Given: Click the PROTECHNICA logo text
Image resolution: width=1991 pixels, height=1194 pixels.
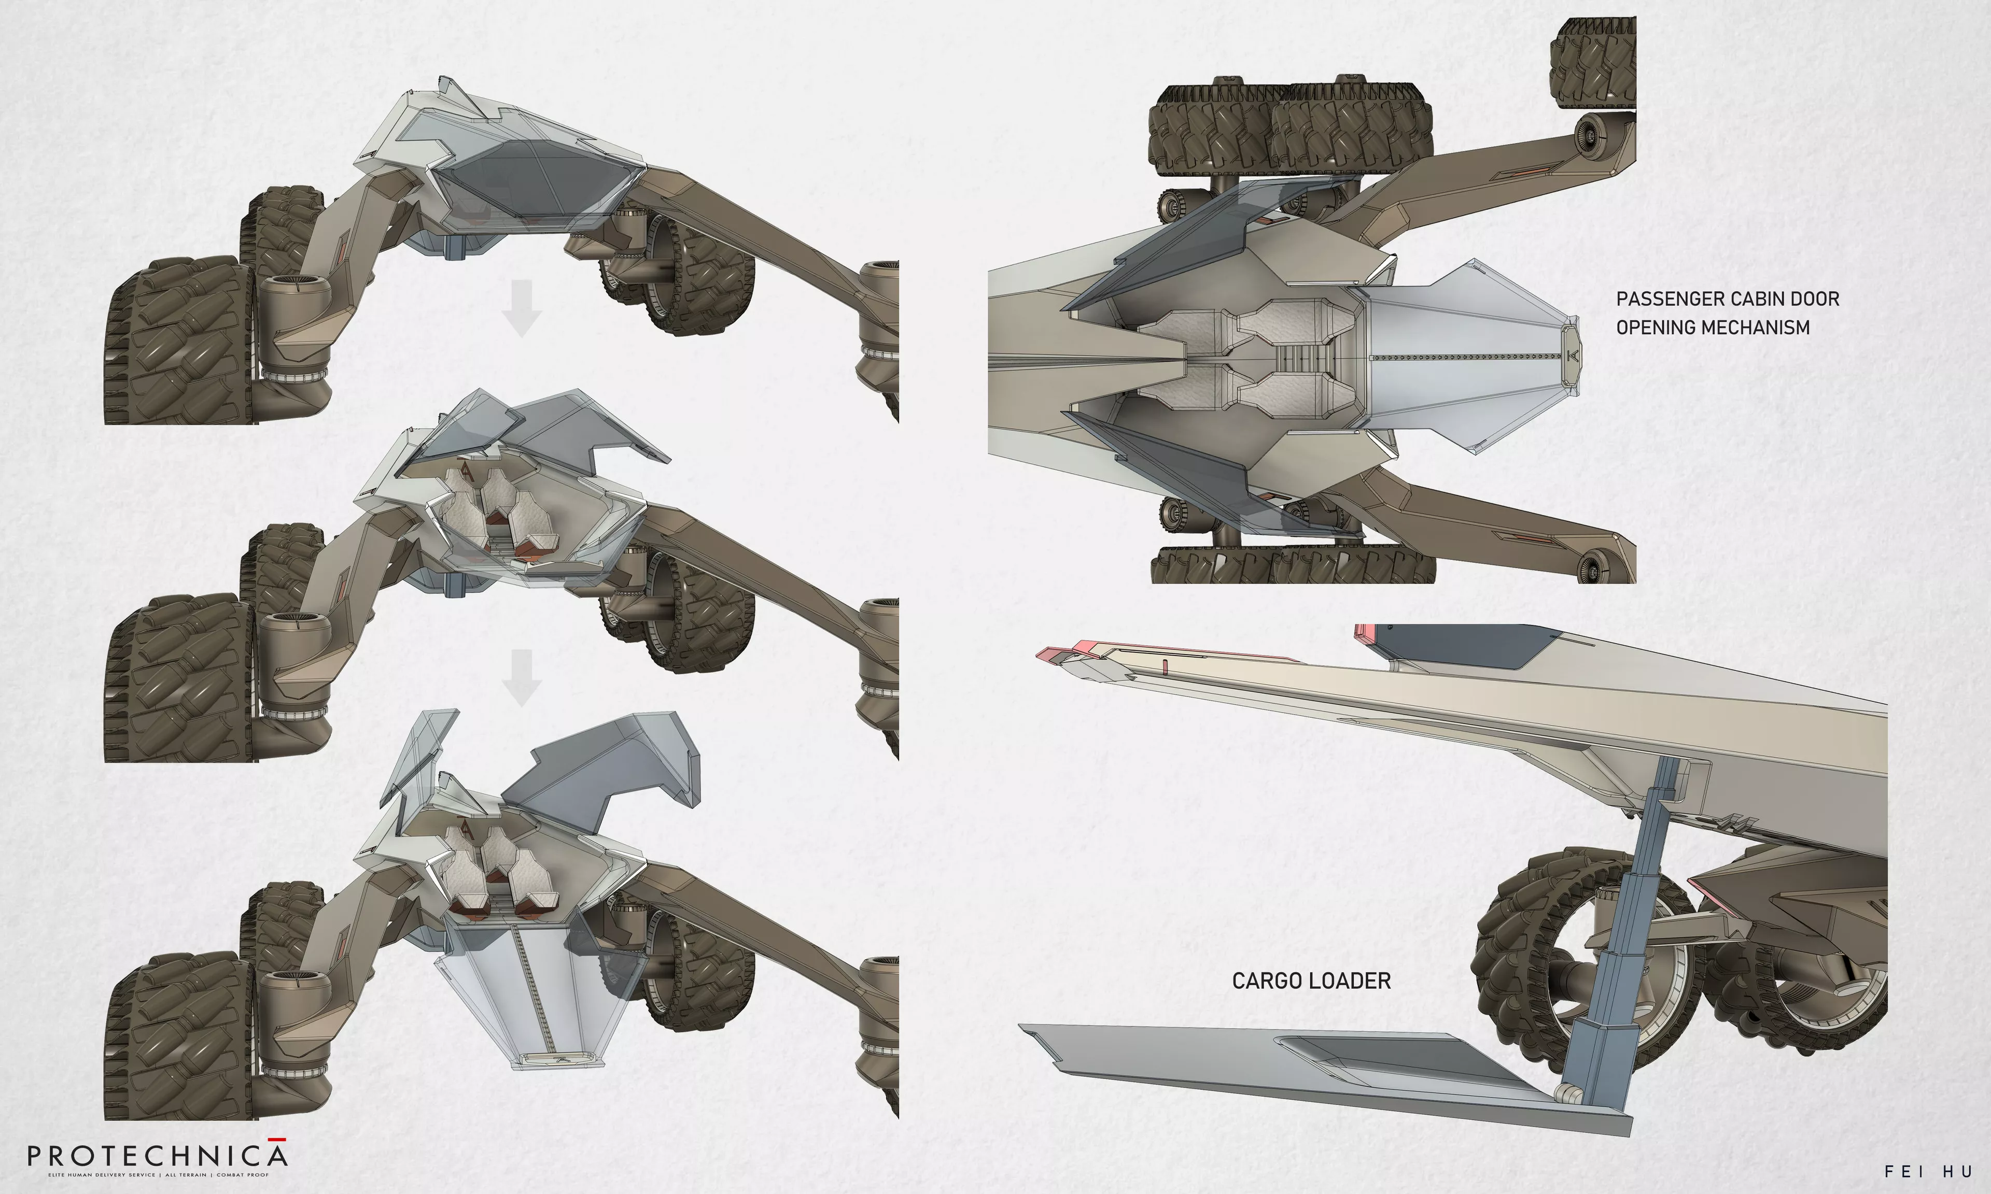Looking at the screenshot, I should [x=157, y=1156].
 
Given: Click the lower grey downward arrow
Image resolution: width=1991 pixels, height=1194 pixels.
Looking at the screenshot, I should [x=522, y=677].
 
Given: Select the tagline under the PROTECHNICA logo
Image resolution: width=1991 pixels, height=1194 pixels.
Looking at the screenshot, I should [x=157, y=1175].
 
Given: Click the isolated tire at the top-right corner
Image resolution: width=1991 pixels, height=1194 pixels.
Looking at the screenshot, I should [x=1593, y=60].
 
